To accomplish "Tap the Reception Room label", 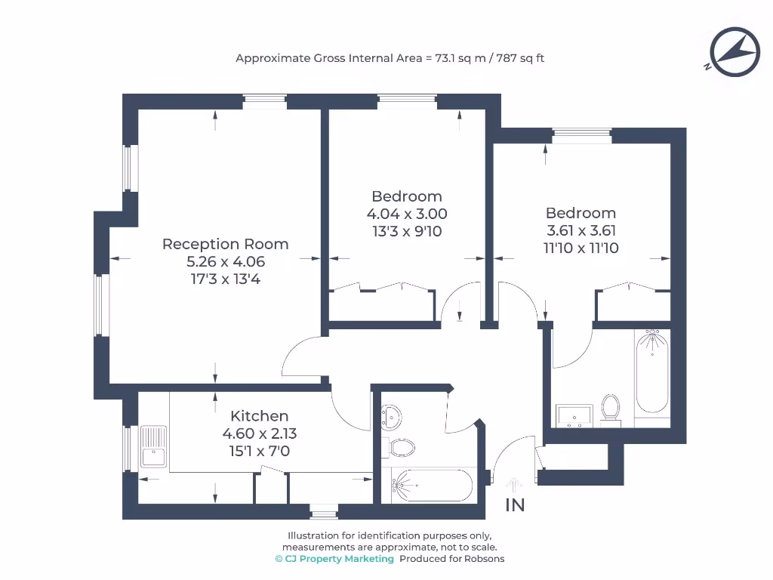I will [x=225, y=244].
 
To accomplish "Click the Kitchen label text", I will [x=259, y=416].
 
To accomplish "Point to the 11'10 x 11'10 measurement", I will [x=581, y=248].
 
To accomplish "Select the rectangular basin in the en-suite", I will [x=574, y=415].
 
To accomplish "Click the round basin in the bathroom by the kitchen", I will [x=392, y=415].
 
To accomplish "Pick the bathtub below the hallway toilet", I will [x=431, y=484].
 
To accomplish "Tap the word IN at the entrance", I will [x=515, y=505].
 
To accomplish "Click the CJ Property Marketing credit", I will [x=334, y=559].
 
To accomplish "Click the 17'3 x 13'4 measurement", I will [x=225, y=279].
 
